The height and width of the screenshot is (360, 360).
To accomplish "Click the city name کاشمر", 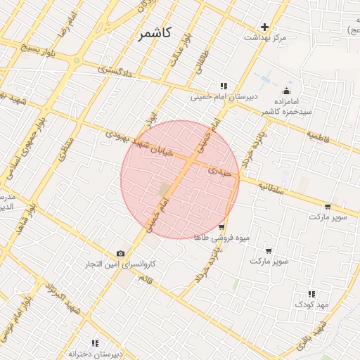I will coord(154,33).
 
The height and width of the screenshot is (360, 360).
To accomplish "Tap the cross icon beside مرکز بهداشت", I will coord(264,27).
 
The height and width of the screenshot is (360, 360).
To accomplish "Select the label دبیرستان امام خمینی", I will coord(227,98).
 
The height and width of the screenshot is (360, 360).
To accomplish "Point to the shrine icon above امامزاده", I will coord(286,91).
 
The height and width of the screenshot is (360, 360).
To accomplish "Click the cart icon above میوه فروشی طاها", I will coord(221,226).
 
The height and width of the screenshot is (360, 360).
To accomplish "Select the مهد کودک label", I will coord(311,304).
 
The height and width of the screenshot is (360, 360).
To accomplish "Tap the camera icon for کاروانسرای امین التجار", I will coord(120,253).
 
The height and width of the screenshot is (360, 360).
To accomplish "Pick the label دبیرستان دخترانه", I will coord(96,353).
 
